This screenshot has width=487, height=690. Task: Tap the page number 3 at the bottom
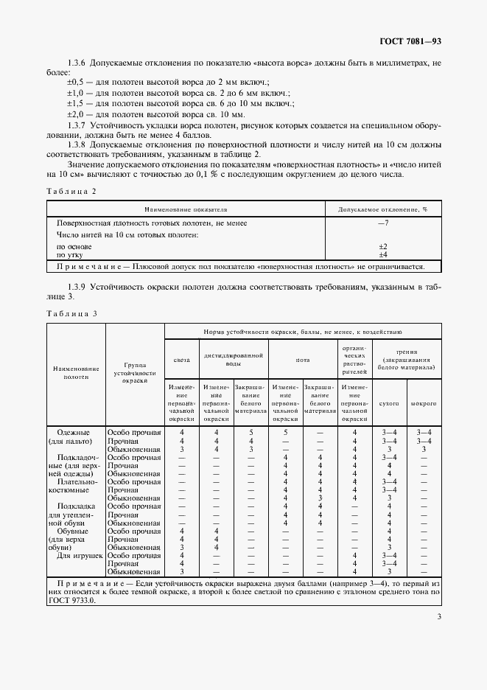(x=438, y=618)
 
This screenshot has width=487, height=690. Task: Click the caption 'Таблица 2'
(x=71, y=191)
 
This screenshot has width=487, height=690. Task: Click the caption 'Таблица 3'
(x=71, y=314)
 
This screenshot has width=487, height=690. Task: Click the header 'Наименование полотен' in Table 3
(x=76, y=372)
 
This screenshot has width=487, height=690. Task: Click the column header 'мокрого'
(x=424, y=404)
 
